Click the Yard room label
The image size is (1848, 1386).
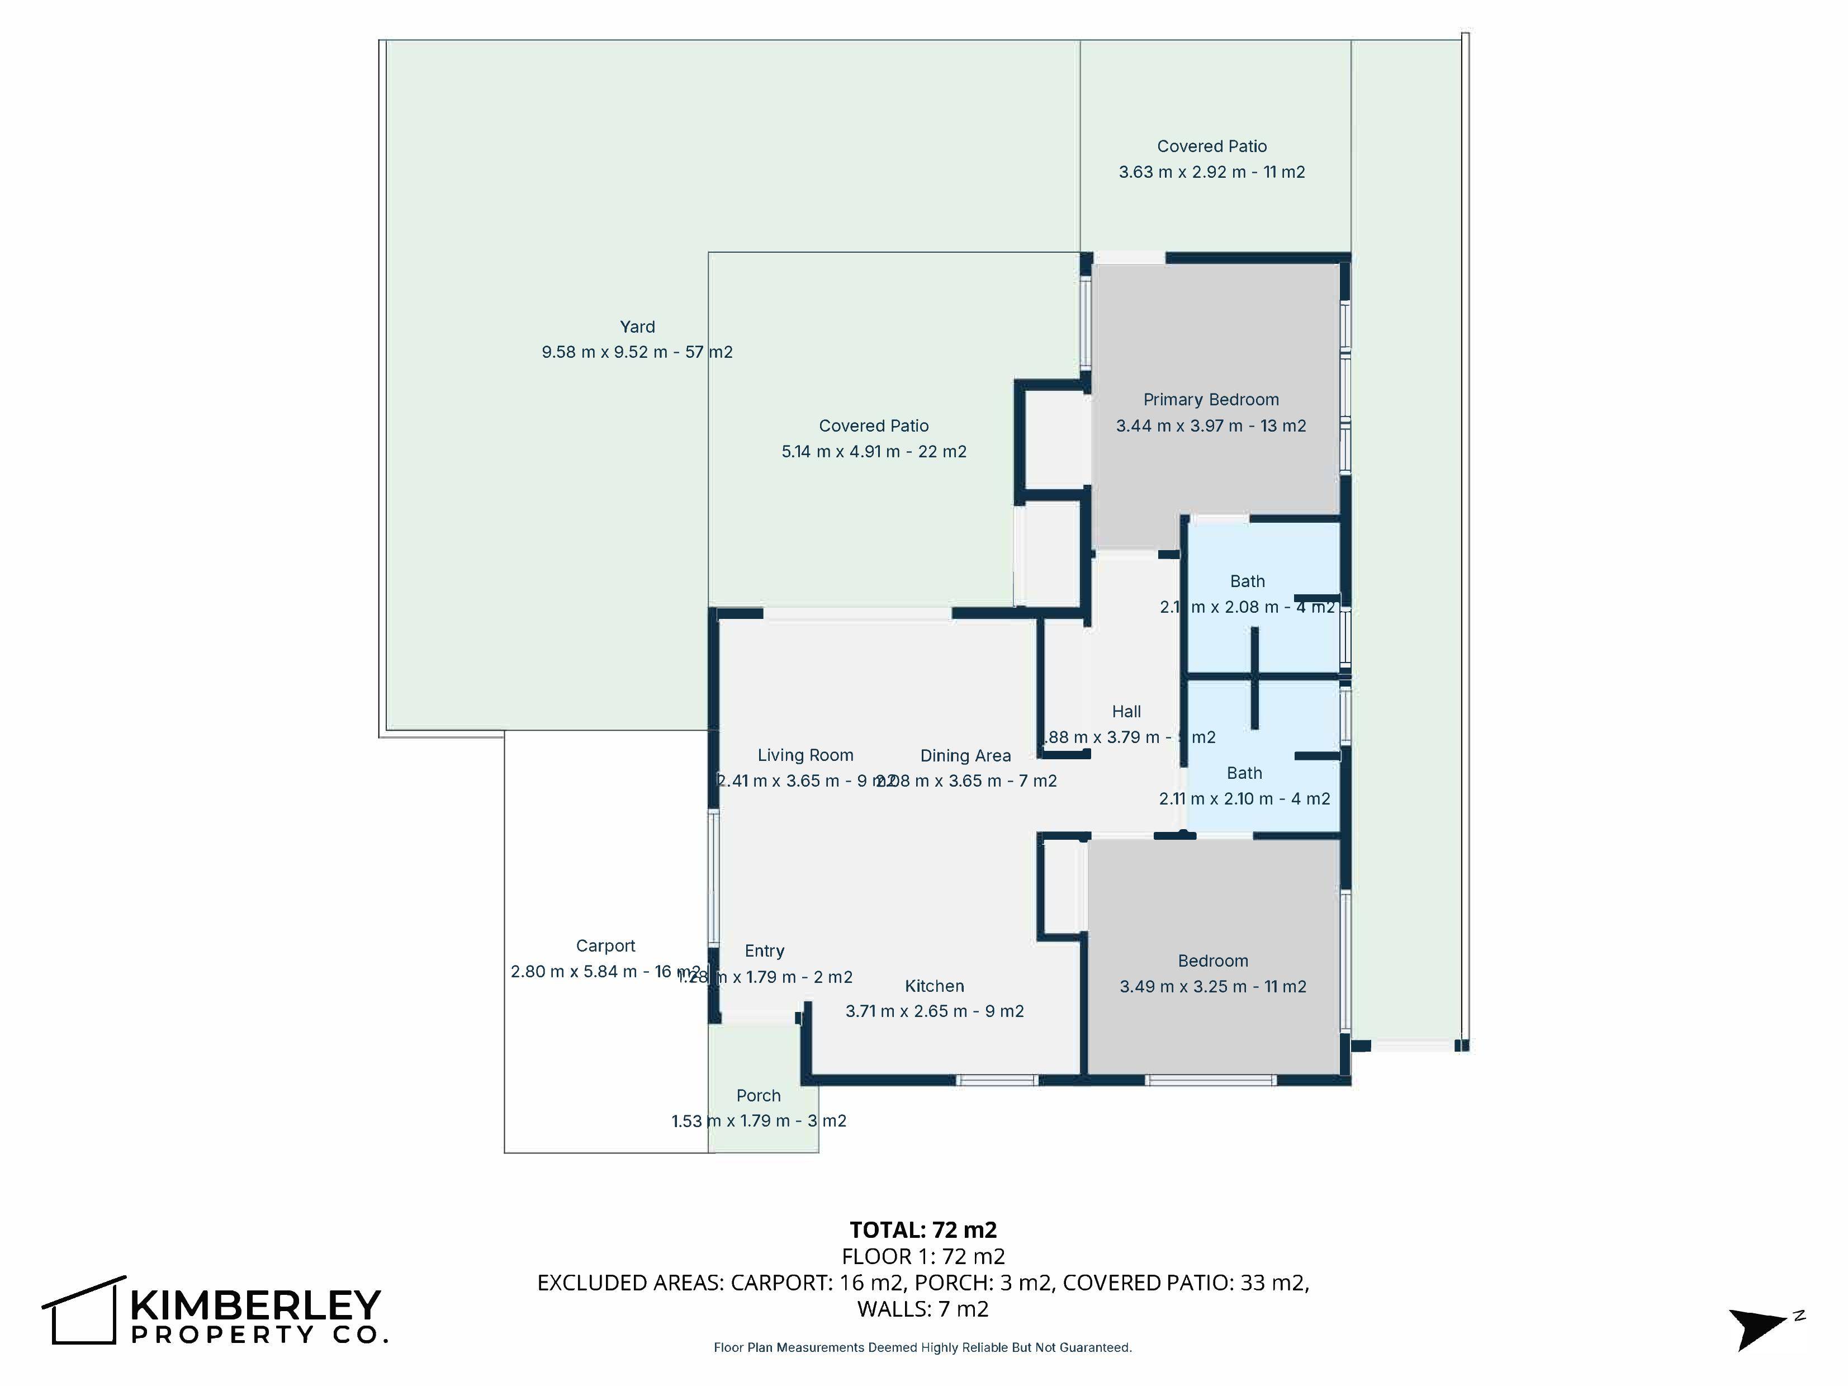(x=637, y=327)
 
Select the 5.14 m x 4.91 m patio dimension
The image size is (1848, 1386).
(x=873, y=452)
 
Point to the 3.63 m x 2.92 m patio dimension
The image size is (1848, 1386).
(x=1211, y=172)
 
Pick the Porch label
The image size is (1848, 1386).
(x=758, y=1095)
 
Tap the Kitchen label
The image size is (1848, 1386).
(x=934, y=986)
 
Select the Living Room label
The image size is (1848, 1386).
(x=805, y=755)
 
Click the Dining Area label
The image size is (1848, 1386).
(x=965, y=756)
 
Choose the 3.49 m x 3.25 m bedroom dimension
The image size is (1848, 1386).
(x=1212, y=987)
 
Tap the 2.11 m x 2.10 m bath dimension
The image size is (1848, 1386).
(x=1244, y=799)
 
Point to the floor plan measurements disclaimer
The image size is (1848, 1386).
(x=922, y=1347)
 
